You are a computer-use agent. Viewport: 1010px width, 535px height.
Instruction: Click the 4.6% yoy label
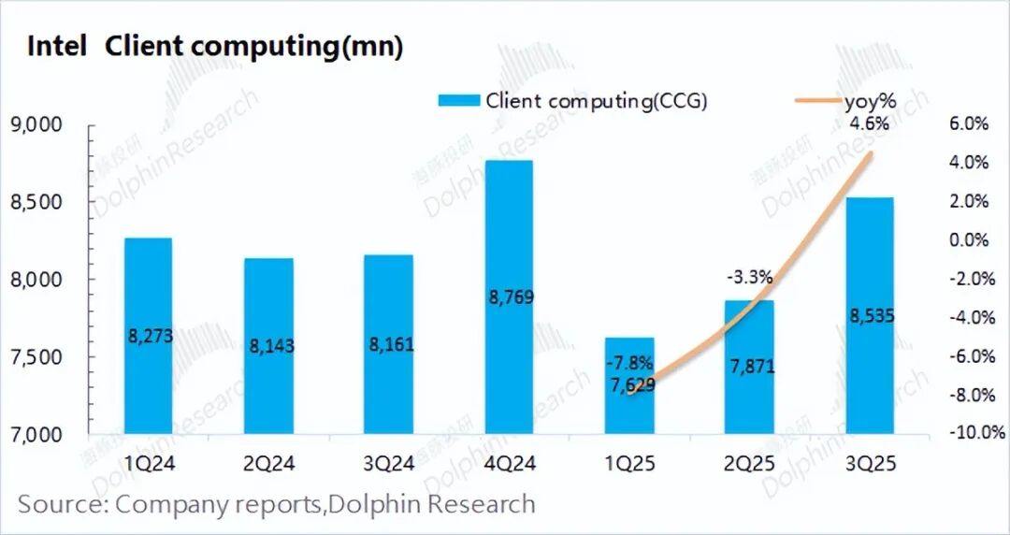pos(870,123)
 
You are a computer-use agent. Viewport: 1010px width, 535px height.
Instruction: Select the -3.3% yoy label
pos(749,277)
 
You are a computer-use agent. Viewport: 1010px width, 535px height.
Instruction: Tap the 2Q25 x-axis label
pos(749,461)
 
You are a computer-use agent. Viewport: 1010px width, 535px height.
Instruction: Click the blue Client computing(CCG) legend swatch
pos(458,101)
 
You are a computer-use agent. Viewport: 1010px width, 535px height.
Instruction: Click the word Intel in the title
pos(56,47)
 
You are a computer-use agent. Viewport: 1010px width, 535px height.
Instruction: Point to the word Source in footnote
pos(59,505)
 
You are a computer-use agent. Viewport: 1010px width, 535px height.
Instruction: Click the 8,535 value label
pos(869,316)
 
